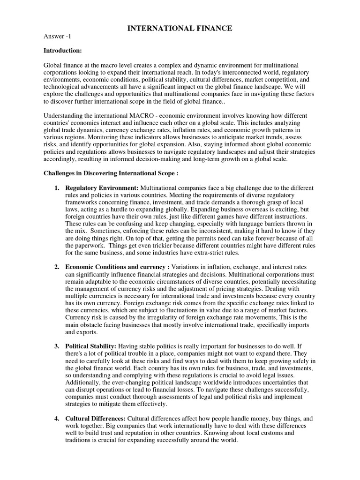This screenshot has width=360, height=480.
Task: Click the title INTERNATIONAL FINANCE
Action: coord(180,29)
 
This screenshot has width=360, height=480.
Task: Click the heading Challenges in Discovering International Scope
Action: coord(111,173)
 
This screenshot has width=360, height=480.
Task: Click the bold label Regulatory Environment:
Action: coord(102,188)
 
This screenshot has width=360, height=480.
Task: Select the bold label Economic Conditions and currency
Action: coord(117,267)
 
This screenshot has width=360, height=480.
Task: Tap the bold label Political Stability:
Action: coord(91,346)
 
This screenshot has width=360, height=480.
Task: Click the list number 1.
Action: coord(56,188)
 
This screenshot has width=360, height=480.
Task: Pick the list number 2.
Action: coord(56,267)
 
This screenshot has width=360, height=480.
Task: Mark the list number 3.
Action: coord(56,346)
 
